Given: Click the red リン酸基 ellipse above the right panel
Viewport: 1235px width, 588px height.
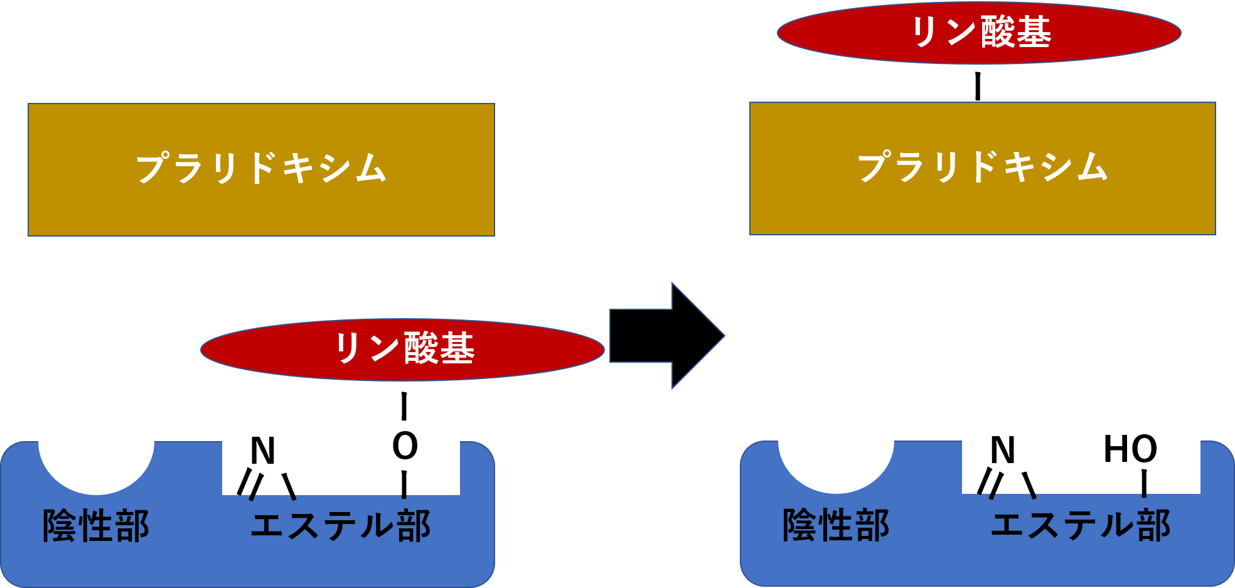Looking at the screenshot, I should [x=979, y=33].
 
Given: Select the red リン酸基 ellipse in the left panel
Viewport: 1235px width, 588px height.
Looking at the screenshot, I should [x=402, y=350].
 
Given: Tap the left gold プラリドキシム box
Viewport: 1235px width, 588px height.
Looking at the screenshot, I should [x=261, y=169].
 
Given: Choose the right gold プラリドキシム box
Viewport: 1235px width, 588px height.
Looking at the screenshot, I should [x=982, y=168].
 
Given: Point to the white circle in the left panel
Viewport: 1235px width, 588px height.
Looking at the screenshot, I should [x=96, y=441].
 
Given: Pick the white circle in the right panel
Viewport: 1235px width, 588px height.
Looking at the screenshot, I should [x=836, y=441].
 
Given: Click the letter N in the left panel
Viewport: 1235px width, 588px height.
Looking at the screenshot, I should [x=263, y=451].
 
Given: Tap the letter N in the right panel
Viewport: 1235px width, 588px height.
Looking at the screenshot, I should [x=1003, y=450].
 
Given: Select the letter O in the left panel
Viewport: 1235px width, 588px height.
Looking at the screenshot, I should [x=405, y=446].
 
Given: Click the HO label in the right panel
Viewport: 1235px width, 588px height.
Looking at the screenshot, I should [x=1130, y=449].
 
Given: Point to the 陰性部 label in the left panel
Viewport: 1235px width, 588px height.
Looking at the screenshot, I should [x=96, y=525].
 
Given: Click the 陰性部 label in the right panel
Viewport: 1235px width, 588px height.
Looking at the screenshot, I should [x=836, y=525].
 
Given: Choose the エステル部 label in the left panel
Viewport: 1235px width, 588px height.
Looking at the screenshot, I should [x=341, y=525].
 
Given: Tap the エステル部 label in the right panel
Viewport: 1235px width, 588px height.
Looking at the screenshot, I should [x=1081, y=525].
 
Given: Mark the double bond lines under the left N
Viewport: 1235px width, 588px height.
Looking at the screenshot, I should [x=249, y=484].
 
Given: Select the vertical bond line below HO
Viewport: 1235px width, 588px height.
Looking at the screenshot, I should [x=1144, y=483].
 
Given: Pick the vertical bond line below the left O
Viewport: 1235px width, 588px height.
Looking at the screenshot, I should [x=404, y=485].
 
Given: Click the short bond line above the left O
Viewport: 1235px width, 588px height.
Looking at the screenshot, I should [x=404, y=414].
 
